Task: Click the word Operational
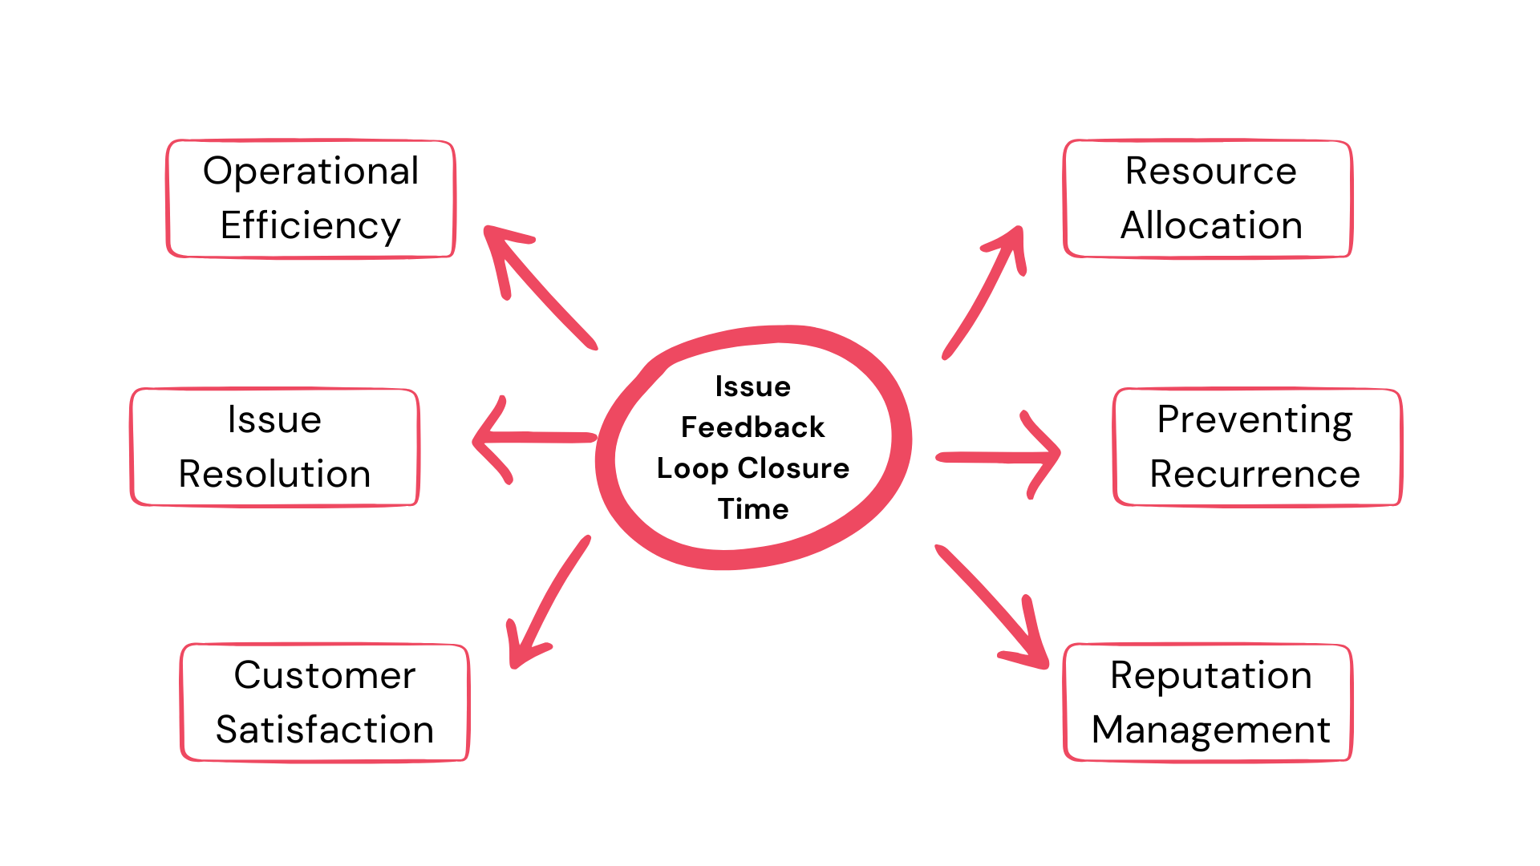(x=310, y=171)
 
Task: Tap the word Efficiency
(x=310, y=225)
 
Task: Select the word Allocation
(x=1211, y=225)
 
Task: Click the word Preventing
(x=1254, y=419)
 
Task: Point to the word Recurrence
(x=1254, y=474)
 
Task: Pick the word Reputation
(x=1211, y=675)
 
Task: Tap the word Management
(x=1211, y=730)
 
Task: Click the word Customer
(x=325, y=675)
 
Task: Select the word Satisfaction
(x=325, y=730)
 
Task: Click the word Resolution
(x=274, y=474)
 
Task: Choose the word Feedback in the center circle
(x=752, y=427)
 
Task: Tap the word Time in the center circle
(x=752, y=509)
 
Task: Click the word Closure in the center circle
(x=793, y=467)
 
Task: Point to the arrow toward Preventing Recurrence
(x=999, y=456)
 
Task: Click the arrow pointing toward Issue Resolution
(x=533, y=438)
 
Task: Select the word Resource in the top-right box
(x=1211, y=171)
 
